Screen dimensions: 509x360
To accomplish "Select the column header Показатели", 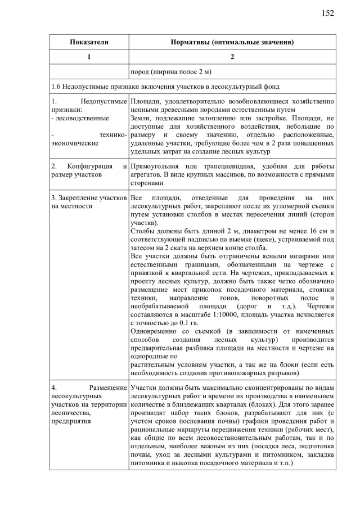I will [89, 42].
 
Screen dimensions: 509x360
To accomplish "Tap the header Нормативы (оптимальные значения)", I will [232, 42].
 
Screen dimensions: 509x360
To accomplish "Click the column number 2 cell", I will [232, 57].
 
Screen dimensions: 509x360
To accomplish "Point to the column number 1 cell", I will [89, 57].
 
